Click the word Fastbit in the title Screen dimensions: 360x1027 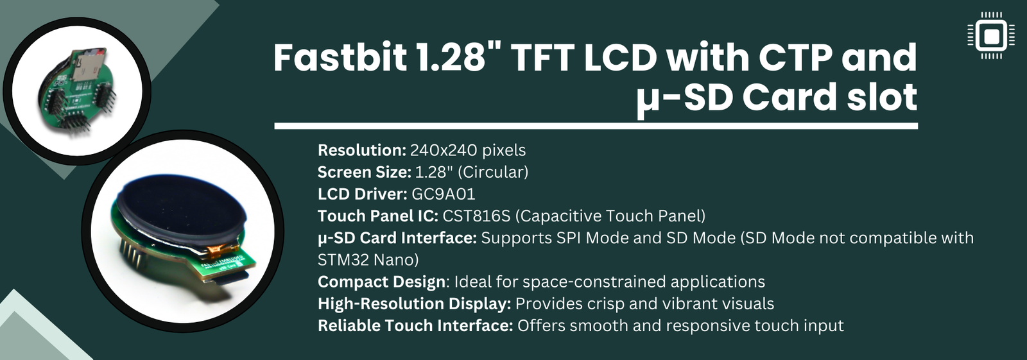tap(340, 58)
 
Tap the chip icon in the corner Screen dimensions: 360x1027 tap(991, 35)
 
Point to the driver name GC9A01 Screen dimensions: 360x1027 tap(443, 194)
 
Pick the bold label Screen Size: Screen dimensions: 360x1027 tap(364, 172)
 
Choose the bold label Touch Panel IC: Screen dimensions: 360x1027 tap(377, 216)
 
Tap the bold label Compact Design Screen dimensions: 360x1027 tap(381, 282)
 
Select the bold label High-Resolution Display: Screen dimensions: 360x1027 tap(414, 304)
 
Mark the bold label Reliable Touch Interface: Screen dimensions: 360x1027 tap(415, 325)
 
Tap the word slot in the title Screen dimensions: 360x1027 tap(882, 98)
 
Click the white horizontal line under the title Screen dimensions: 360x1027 tap(596, 126)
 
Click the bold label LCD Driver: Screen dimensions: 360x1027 tap(362, 194)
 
